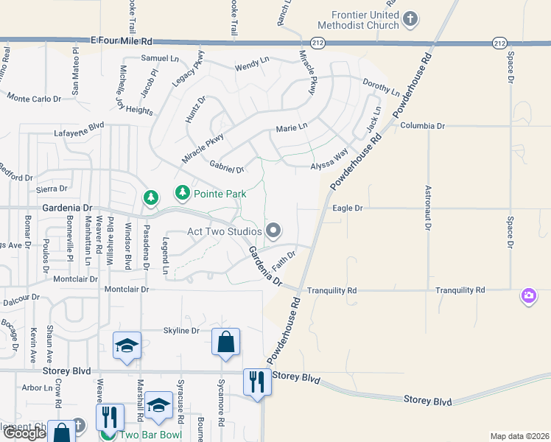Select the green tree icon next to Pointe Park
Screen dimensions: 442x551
click(182, 193)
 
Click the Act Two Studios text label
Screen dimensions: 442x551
click(224, 231)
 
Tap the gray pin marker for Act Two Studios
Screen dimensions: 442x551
click(273, 231)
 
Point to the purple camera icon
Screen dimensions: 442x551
click(528, 295)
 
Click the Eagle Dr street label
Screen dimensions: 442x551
click(348, 208)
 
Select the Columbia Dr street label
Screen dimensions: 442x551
click(422, 126)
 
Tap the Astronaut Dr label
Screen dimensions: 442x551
click(427, 208)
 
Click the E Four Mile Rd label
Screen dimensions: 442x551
click(122, 42)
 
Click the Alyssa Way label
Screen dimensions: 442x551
click(329, 161)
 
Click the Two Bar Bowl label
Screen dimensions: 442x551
click(144, 435)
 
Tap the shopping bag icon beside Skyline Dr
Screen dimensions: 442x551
click(225, 343)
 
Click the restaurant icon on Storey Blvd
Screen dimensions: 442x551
click(256, 382)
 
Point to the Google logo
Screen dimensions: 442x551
click(24, 434)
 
